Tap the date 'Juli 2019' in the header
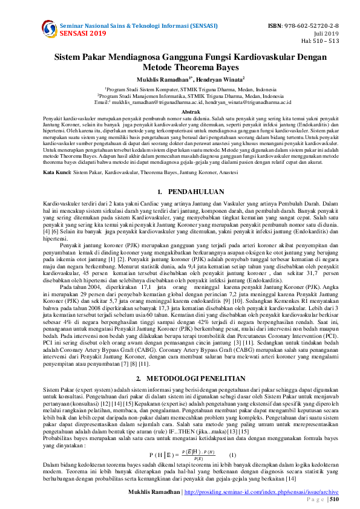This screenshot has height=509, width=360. click(x=330, y=34)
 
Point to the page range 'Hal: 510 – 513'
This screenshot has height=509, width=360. click(x=320, y=41)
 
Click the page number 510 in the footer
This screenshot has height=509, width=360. click(x=333, y=499)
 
